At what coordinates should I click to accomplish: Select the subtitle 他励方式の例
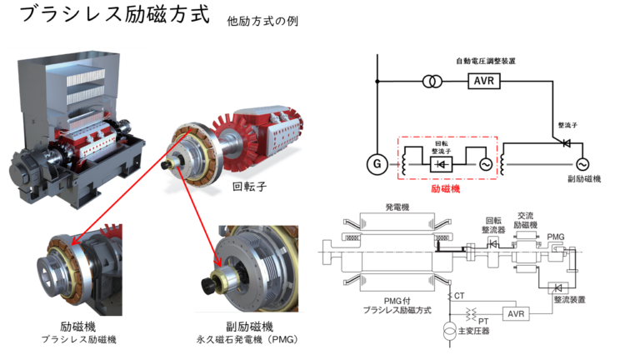coord(262,22)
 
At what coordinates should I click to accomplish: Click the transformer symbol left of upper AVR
coord(430,81)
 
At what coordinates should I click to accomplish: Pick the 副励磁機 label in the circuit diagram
coord(576,180)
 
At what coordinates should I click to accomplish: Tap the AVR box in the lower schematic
coord(517,313)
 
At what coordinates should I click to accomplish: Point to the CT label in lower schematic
coord(460,296)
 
